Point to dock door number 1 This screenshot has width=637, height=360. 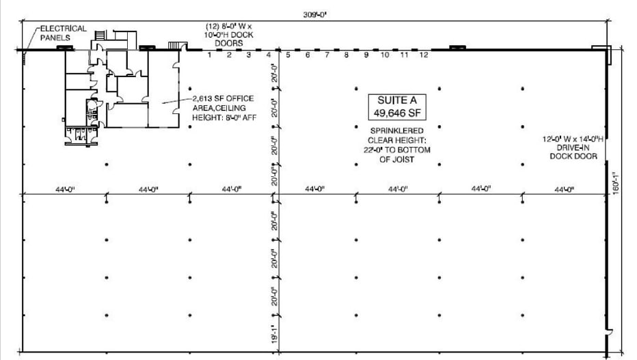[210, 55]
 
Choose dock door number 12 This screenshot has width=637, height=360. [424, 55]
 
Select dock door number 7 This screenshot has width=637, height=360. [327, 55]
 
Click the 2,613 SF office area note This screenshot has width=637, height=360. [218, 107]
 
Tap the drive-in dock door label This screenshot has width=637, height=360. [573, 148]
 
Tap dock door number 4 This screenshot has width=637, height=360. [269, 55]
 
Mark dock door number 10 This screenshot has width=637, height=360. [385, 55]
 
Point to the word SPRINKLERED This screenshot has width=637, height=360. [396, 130]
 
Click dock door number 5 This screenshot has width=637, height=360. [288, 55]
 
